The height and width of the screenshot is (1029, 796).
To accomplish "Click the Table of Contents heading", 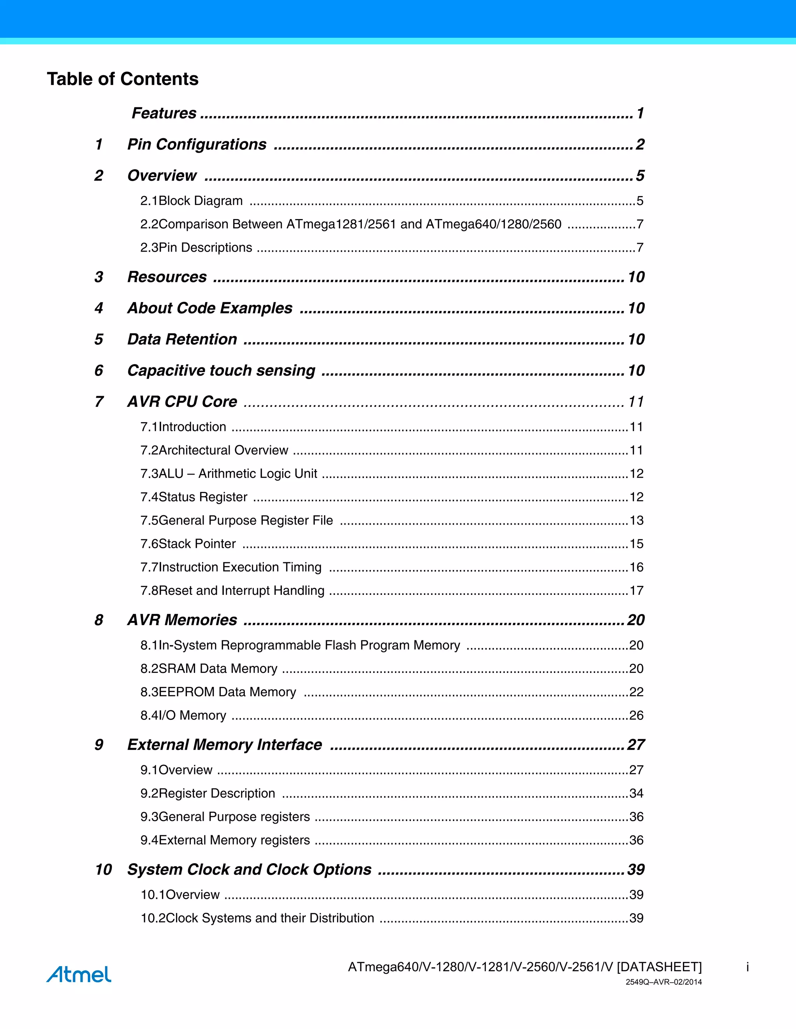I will click(x=122, y=79).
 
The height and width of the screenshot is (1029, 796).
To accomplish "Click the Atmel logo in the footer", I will click(x=79, y=974).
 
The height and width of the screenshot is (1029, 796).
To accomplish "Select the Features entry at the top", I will click(x=164, y=113).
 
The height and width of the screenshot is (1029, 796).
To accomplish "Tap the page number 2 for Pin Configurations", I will click(x=639, y=144).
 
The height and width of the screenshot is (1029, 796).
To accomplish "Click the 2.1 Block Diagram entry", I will click(x=192, y=201).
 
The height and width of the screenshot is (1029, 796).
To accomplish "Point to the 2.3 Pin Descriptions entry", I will click(x=196, y=247).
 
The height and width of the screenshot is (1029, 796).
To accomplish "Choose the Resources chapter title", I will click(x=167, y=276).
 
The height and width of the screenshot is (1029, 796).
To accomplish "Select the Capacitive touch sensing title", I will click(x=221, y=370).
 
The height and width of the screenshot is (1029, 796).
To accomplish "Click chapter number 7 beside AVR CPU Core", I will click(x=99, y=402).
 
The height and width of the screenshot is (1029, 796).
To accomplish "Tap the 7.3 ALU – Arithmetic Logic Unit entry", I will click(x=229, y=473).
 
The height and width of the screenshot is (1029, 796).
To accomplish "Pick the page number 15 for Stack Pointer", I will click(x=636, y=544).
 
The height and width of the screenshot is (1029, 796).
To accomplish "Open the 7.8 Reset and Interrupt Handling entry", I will click(x=232, y=590).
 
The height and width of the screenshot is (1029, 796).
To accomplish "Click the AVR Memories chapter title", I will click(x=182, y=620).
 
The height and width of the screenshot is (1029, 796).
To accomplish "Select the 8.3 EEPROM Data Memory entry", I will click(x=218, y=692).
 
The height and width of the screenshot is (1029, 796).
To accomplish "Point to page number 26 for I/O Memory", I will click(x=636, y=715).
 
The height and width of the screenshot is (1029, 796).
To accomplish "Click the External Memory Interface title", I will click(x=225, y=744).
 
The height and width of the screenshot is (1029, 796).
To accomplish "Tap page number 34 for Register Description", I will click(x=636, y=793).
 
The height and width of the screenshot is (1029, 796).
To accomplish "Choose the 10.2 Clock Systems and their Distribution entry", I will click(x=257, y=918).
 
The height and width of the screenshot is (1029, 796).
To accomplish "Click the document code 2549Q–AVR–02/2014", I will click(x=663, y=982).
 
